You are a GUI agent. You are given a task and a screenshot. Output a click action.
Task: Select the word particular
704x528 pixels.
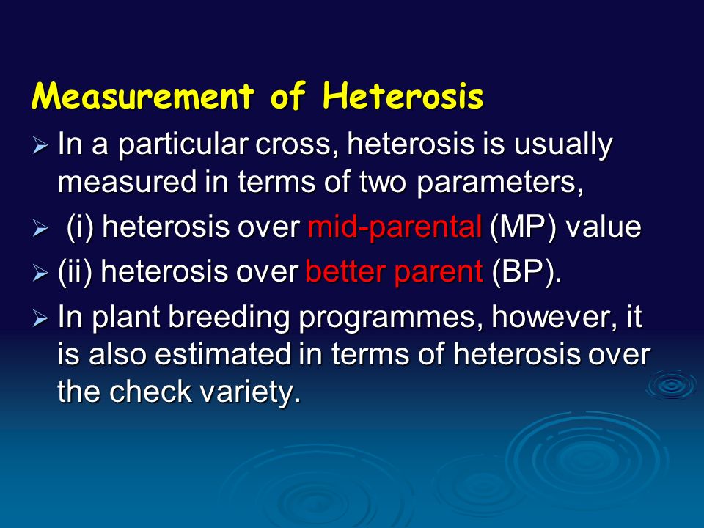[x=183, y=145]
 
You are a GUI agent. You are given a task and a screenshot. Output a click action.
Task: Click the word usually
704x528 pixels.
[x=563, y=145]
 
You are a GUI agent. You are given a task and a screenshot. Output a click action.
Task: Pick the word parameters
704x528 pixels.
[x=499, y=183]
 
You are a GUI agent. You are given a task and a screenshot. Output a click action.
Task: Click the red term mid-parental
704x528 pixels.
[x=395, y=227]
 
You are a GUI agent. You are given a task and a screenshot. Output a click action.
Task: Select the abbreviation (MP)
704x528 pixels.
[x=523, y=227]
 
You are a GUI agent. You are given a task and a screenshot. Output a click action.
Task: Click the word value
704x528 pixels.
[x=603, y=227]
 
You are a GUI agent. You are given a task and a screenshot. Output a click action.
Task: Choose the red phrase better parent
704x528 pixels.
[x=394, y=272]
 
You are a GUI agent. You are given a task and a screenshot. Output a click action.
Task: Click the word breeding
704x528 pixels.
[x=229, y=318]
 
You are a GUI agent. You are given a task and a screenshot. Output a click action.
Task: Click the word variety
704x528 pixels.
[x=249, y=392]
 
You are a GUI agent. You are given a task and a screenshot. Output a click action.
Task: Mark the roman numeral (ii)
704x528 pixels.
[x=75, y=272]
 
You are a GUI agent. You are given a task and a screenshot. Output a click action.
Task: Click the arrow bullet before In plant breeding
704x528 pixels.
[x=40, y=319]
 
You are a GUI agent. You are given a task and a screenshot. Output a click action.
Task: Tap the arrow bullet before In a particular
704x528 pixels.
[x=40, y=146]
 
